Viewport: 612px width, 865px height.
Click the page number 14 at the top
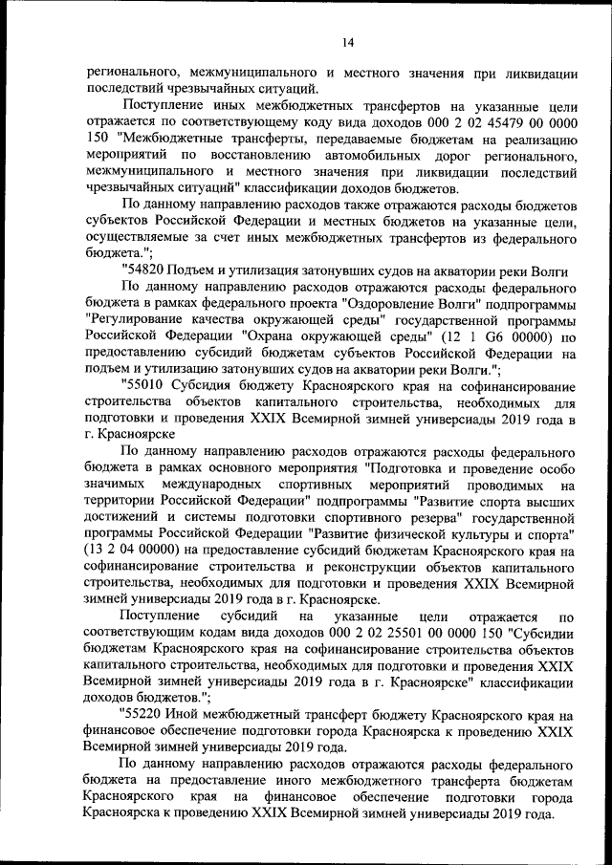pos(346,41)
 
